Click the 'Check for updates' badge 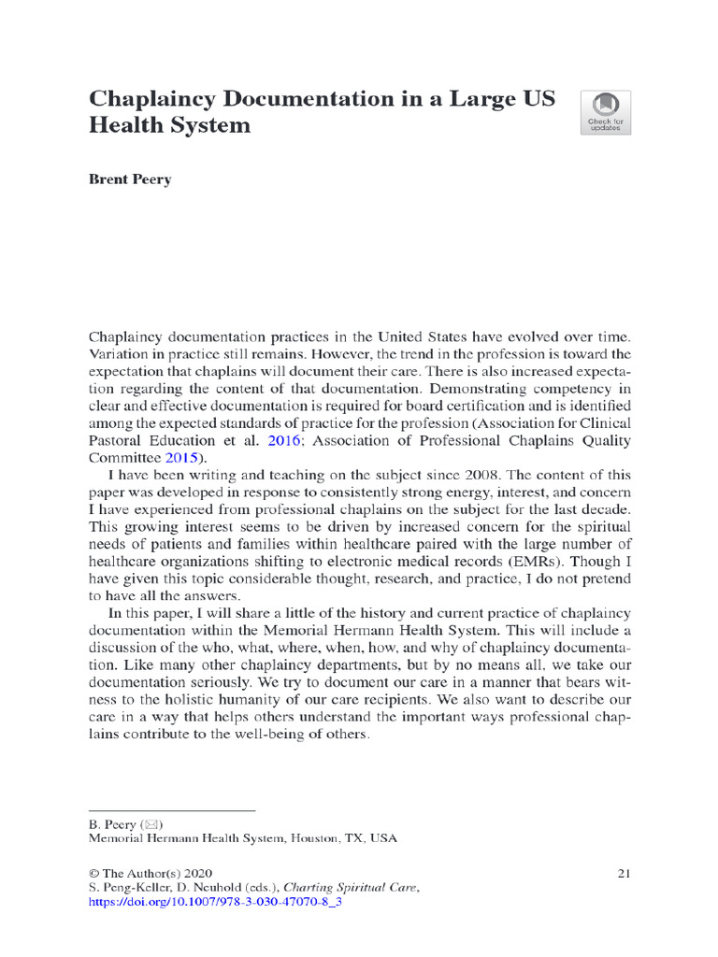pyautogui.click(x=606, y=112)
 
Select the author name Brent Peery pyautogui.click(x=130, y=179)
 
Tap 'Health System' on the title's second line pyautogui.click(x=169, y=124)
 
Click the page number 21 pyautogui.click(x=625, y=873)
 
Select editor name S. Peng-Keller pyautogui.click(x=129, y=889)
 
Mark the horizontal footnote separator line pyautogui.click(x=171, y=809)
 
